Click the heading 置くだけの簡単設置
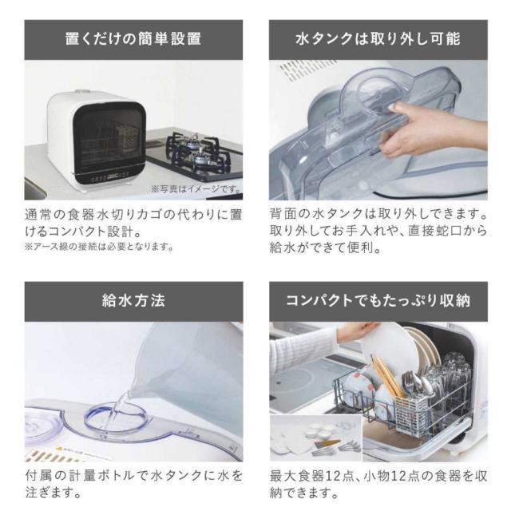133,39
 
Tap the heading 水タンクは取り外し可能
378,39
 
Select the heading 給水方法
133,301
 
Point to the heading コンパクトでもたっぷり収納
378,301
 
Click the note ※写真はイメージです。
196,189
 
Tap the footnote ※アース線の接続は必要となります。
99,247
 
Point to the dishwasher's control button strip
110,176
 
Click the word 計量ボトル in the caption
98,477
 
